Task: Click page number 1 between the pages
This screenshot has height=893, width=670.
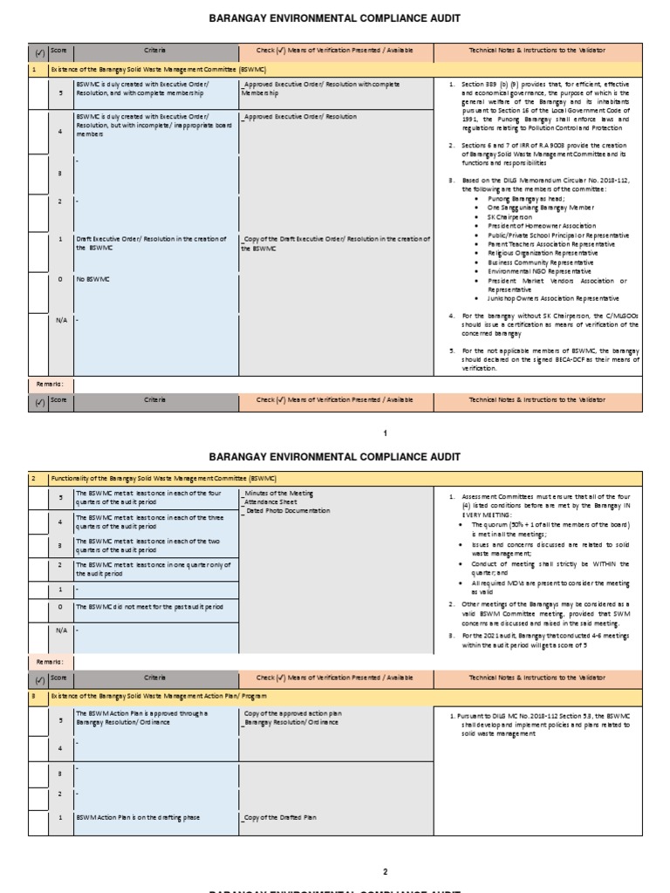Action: (x=385, y=433)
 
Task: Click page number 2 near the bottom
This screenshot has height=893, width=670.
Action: (x=385, y=871)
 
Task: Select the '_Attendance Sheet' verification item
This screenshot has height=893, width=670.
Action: (x=273, y=503)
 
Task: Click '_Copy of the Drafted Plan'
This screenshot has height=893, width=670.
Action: (x=280, y=817)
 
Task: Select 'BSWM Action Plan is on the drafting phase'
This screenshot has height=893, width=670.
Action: (x=138, y=817)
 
